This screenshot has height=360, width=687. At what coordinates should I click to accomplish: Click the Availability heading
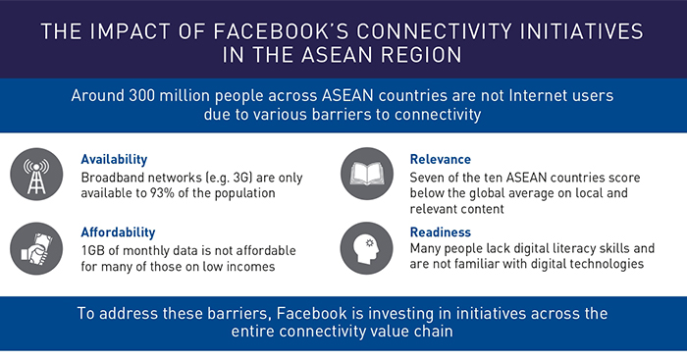pos(116,158)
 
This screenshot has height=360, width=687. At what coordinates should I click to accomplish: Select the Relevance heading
pos(439,158)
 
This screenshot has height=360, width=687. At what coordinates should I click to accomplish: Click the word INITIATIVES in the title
pos(562,31)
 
